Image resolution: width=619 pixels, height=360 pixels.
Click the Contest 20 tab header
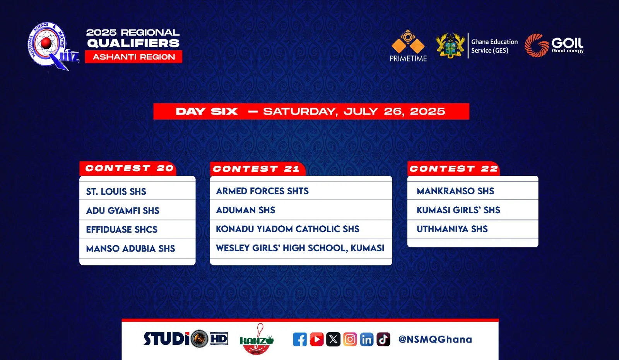128,168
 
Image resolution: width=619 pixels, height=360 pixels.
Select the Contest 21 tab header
258,169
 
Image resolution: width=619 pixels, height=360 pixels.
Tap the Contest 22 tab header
453,168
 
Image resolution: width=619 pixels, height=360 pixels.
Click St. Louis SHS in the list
116,192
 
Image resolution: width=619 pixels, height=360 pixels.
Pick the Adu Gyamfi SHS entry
123,211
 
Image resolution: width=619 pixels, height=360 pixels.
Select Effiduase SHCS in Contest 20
121,230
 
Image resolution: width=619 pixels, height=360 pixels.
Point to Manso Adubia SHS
130,249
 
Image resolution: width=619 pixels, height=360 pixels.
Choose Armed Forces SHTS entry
262,191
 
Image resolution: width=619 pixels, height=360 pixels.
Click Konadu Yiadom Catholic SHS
287,229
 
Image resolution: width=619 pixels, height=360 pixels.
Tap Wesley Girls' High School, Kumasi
300,248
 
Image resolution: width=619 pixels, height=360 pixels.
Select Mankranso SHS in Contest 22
455,191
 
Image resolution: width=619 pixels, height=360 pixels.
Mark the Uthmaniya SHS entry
452,229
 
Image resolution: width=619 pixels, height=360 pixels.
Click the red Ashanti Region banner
133,57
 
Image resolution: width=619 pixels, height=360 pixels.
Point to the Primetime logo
408,46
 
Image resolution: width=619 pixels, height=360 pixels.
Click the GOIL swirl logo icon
537,45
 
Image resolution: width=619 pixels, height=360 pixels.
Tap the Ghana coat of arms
450,46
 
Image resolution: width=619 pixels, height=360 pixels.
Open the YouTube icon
317,339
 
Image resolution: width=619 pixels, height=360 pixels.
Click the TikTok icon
383,339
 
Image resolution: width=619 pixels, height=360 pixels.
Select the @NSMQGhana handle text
435,339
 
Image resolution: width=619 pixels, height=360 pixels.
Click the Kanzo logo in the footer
257,339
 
